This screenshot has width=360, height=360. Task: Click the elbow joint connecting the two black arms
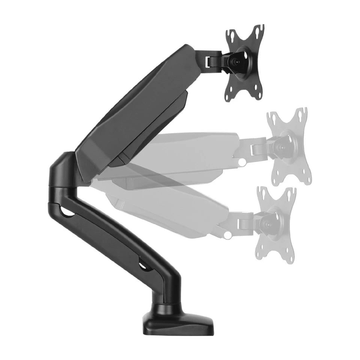pyautogui.click(x=64, y=169)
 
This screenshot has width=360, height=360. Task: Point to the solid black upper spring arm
pyautogui.click(x=139, y=109)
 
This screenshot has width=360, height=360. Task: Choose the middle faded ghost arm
pyautogui.click(x=187, y=150)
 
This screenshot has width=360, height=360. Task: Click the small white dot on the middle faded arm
pyautogui.click(x=243, y=162)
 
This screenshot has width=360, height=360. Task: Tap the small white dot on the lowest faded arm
pyautogui.click(x=227, y=235)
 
